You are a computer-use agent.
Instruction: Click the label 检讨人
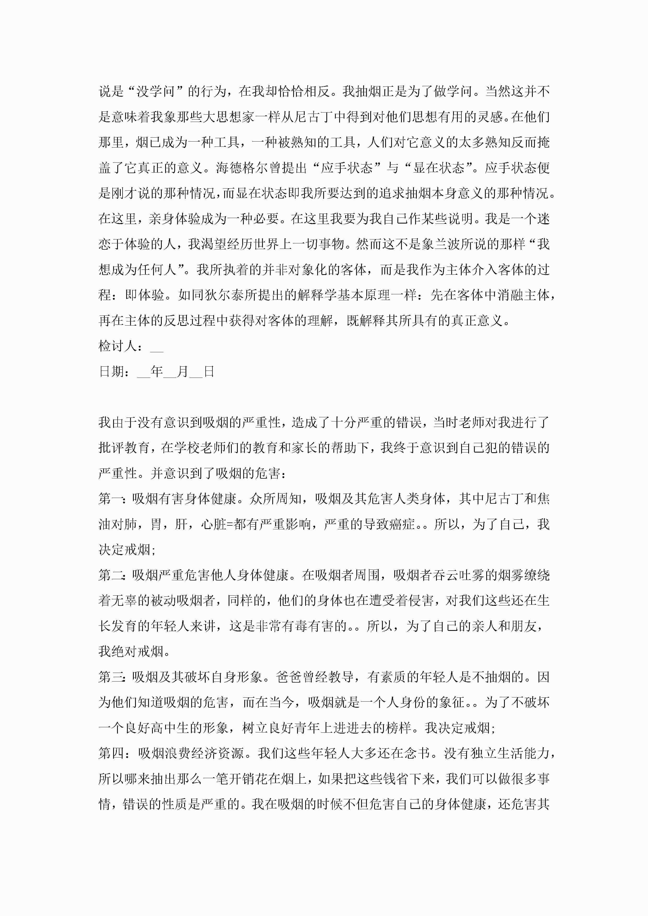(118, 346)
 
